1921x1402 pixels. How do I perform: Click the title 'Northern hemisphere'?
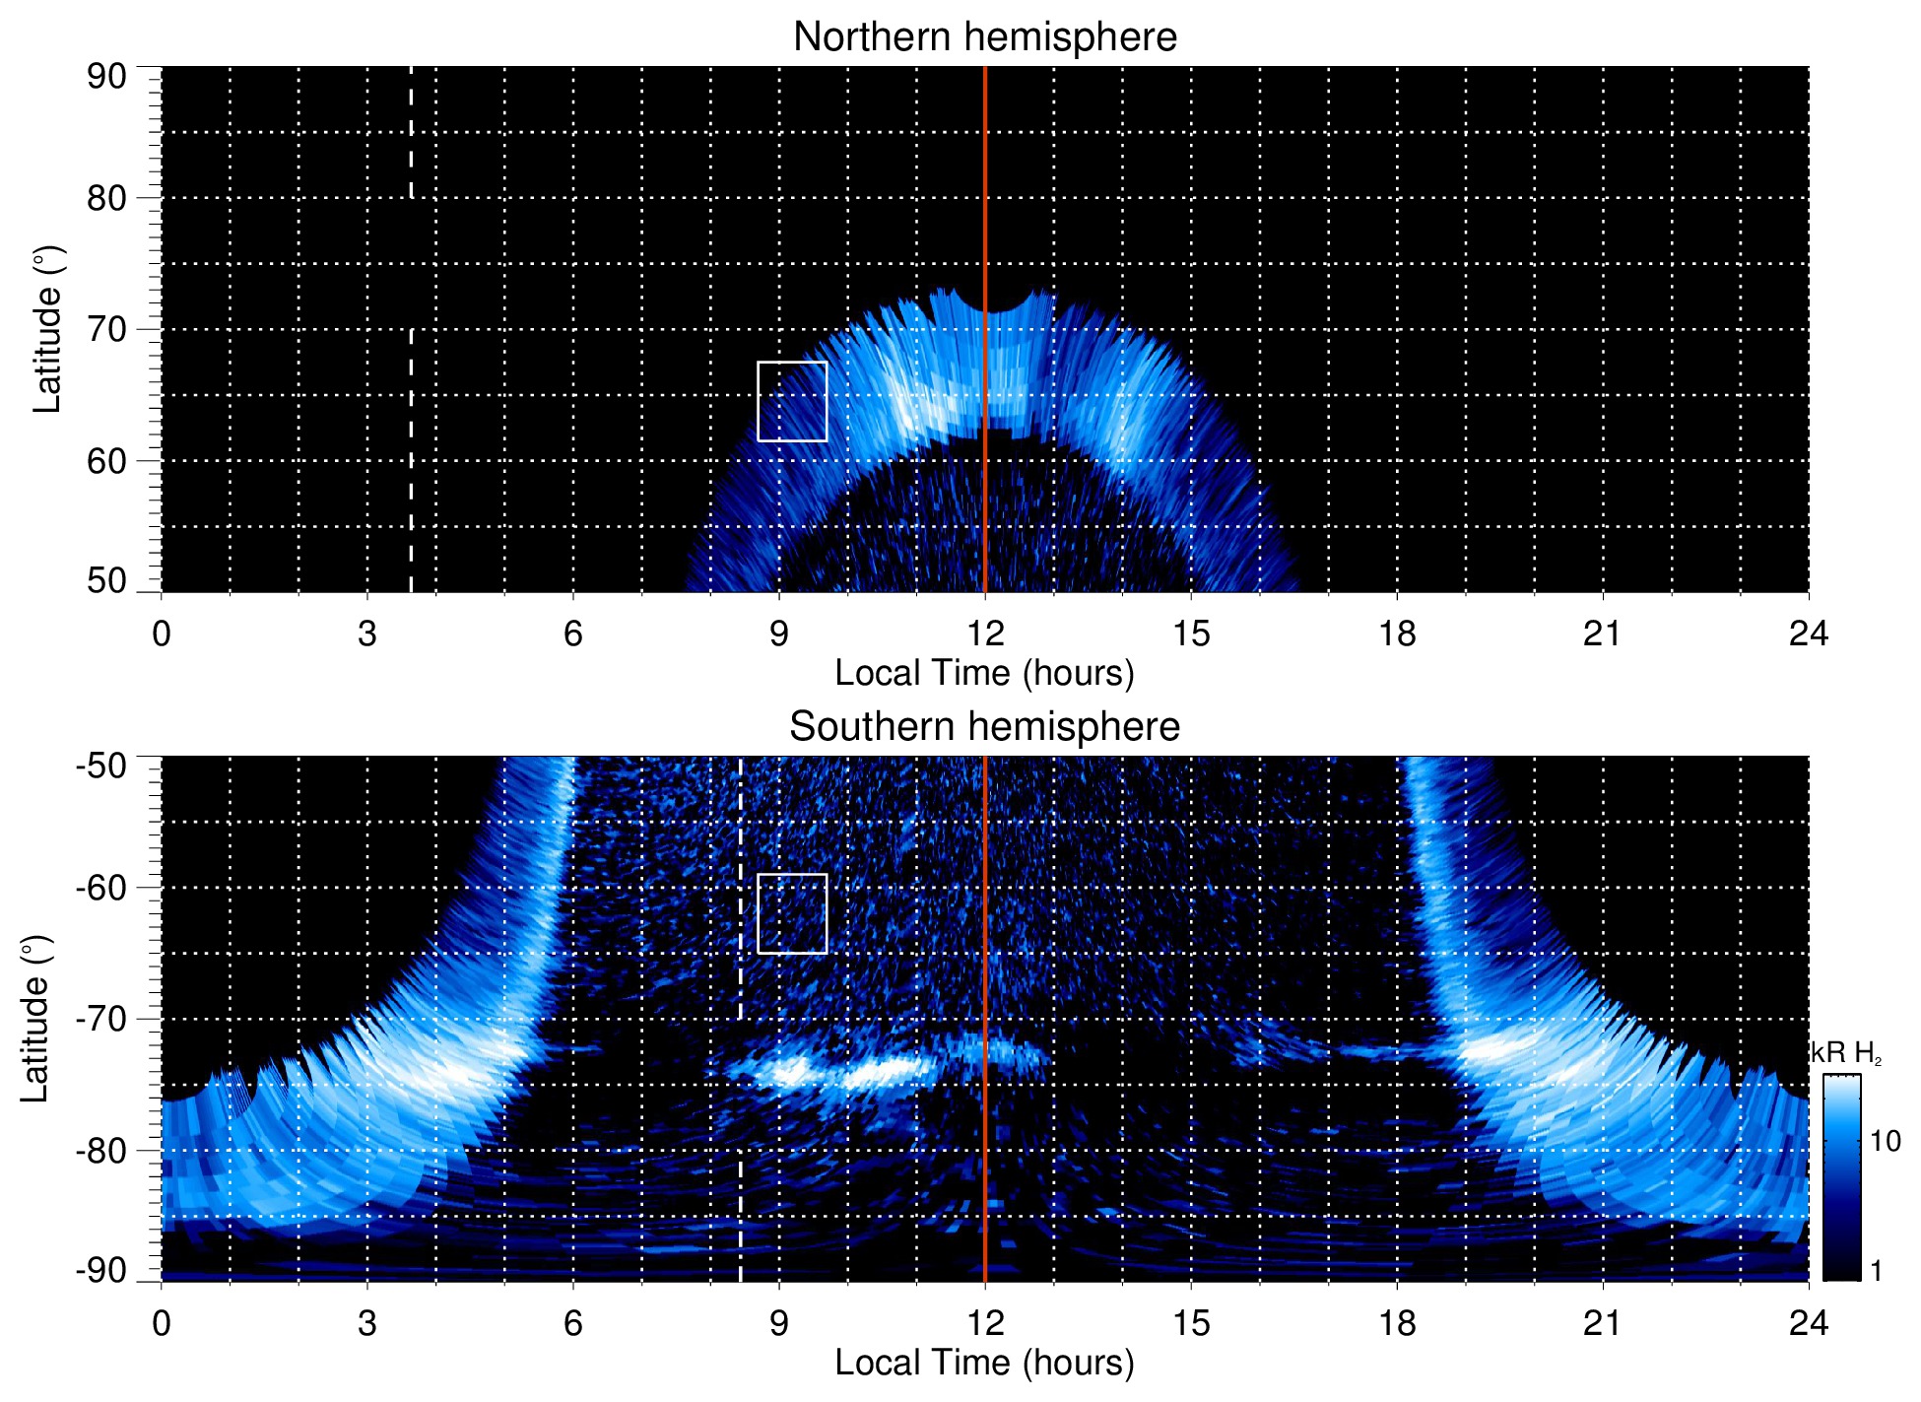984,37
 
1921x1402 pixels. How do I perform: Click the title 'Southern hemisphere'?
984,727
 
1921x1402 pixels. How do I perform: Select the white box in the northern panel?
792,401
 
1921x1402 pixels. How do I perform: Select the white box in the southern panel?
792,913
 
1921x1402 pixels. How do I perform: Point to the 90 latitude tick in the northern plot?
106,77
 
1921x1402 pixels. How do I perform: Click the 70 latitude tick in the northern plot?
106,329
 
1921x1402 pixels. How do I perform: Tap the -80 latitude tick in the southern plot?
101,1150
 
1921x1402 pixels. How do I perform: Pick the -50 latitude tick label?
101,766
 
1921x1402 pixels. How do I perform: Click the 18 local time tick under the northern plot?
1397,633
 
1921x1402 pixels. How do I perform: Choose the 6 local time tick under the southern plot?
573,1322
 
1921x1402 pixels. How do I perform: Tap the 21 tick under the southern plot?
1603,1322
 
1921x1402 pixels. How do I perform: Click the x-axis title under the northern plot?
984,673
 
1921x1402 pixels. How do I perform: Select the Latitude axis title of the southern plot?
35,1019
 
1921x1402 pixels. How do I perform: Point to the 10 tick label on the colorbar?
1885,1141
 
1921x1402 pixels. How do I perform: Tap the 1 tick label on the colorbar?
1876,1271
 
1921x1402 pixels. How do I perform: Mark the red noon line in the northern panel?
985,197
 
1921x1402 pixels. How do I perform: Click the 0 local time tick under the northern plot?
162,633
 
